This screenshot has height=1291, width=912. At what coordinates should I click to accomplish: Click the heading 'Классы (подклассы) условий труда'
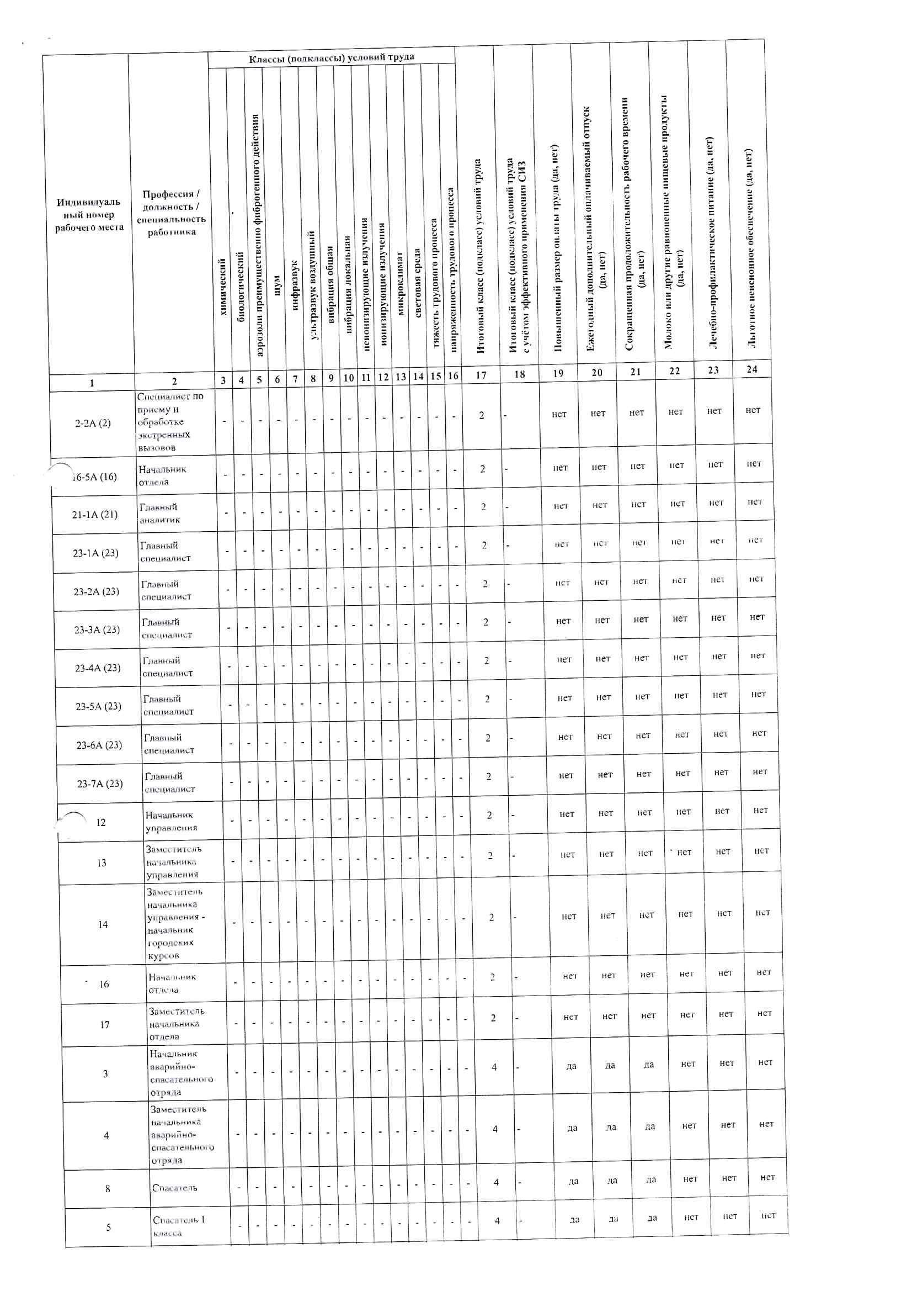332,57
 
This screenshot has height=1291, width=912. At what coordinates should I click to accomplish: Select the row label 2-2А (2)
93,424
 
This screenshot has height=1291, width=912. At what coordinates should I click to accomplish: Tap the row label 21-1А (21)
95,514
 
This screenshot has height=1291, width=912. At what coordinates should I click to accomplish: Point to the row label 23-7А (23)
100,783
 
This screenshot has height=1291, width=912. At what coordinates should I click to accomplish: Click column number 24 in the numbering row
752,369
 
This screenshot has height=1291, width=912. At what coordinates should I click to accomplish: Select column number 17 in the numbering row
481,375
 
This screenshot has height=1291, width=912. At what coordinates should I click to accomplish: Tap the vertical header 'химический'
223,287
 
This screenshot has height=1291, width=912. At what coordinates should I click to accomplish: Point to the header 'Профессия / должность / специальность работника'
172,213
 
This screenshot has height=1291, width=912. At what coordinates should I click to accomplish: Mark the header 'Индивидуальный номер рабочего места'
89,214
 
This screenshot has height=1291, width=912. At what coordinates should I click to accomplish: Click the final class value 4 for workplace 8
496,1182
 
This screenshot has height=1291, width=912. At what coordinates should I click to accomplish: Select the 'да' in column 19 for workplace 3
571,1066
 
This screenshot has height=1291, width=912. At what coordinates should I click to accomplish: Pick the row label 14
103,924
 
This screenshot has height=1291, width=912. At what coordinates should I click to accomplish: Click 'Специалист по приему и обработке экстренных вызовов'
170,422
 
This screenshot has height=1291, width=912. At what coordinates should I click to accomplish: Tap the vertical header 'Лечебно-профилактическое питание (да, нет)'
711,242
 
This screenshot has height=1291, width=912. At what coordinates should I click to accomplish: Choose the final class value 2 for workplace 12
489,815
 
